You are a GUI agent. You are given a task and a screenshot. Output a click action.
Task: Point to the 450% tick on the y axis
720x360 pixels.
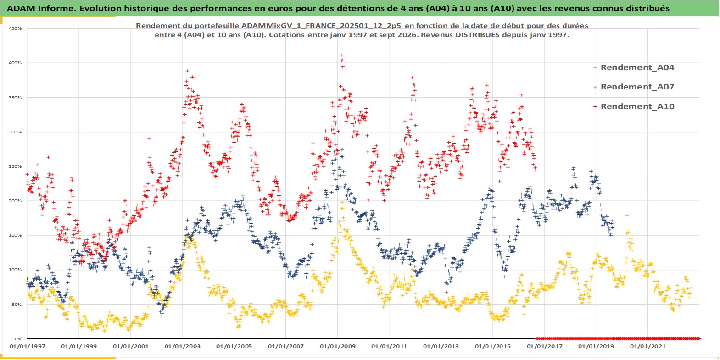pyautogui.click(x=15, y=28)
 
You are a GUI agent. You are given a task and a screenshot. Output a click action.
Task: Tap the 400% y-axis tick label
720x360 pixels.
pyautogui.click(x=15, y=63)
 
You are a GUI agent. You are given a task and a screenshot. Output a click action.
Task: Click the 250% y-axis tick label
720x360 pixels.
pyautogui.click(x=15, y=166)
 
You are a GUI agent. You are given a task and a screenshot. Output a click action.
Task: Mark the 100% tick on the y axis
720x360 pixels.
pyautogui.click(x=15, y=270)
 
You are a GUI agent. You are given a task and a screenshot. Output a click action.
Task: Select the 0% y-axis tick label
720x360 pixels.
pyautogui.click(x=18, y=339)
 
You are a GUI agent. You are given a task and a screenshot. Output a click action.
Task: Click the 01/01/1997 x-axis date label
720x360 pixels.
pyautogui.click(x=28, y=347)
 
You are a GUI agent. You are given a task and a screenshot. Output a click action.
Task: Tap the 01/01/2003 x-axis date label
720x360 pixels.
pyautogui.click(x=182, y=347)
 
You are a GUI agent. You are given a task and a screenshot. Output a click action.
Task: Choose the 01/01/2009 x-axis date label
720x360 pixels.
pyautogui.click(x=337, y=347)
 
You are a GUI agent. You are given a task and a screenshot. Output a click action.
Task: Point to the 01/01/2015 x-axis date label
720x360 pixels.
pyautogui.click(x=492, y=347)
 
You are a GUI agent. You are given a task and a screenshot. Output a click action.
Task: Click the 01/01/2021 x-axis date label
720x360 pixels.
pyautogui.click(x=647, y=347)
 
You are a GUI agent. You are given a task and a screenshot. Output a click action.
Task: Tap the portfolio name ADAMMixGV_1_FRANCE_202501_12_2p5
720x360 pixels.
pyautogui.click(x=321, y=26)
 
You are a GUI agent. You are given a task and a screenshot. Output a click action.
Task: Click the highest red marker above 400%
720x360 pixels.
pyautogui.click(x=342, y=55)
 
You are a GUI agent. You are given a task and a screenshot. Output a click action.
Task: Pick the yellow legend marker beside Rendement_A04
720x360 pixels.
pyautogui.click(x=595, y=68)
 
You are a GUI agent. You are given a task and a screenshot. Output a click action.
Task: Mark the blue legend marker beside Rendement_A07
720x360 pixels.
pyautogui.click(x=595, y=87)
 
